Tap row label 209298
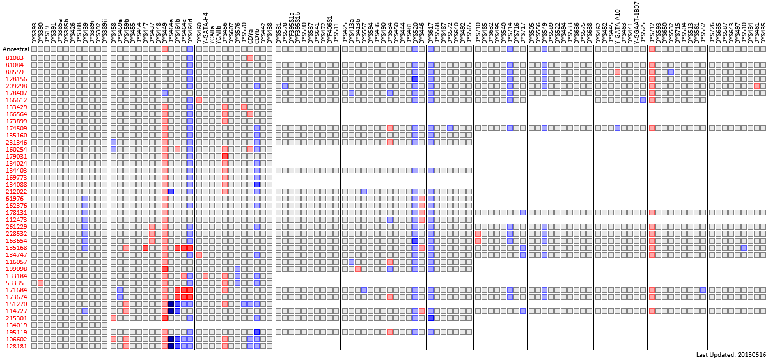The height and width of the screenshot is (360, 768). [16, 86]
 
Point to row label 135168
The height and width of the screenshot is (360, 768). [16, 248]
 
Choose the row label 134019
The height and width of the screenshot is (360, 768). [16, 325]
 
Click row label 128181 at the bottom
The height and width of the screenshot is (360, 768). [16, 347]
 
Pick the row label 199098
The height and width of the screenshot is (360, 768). [16, 269]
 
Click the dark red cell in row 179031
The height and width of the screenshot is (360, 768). [225, 157]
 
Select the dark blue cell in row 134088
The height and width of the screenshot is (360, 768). [256, 185]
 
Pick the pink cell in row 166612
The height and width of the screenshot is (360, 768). [199, 100]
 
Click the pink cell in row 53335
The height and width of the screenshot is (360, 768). [40, 283]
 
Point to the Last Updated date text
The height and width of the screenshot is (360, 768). [730, 354]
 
